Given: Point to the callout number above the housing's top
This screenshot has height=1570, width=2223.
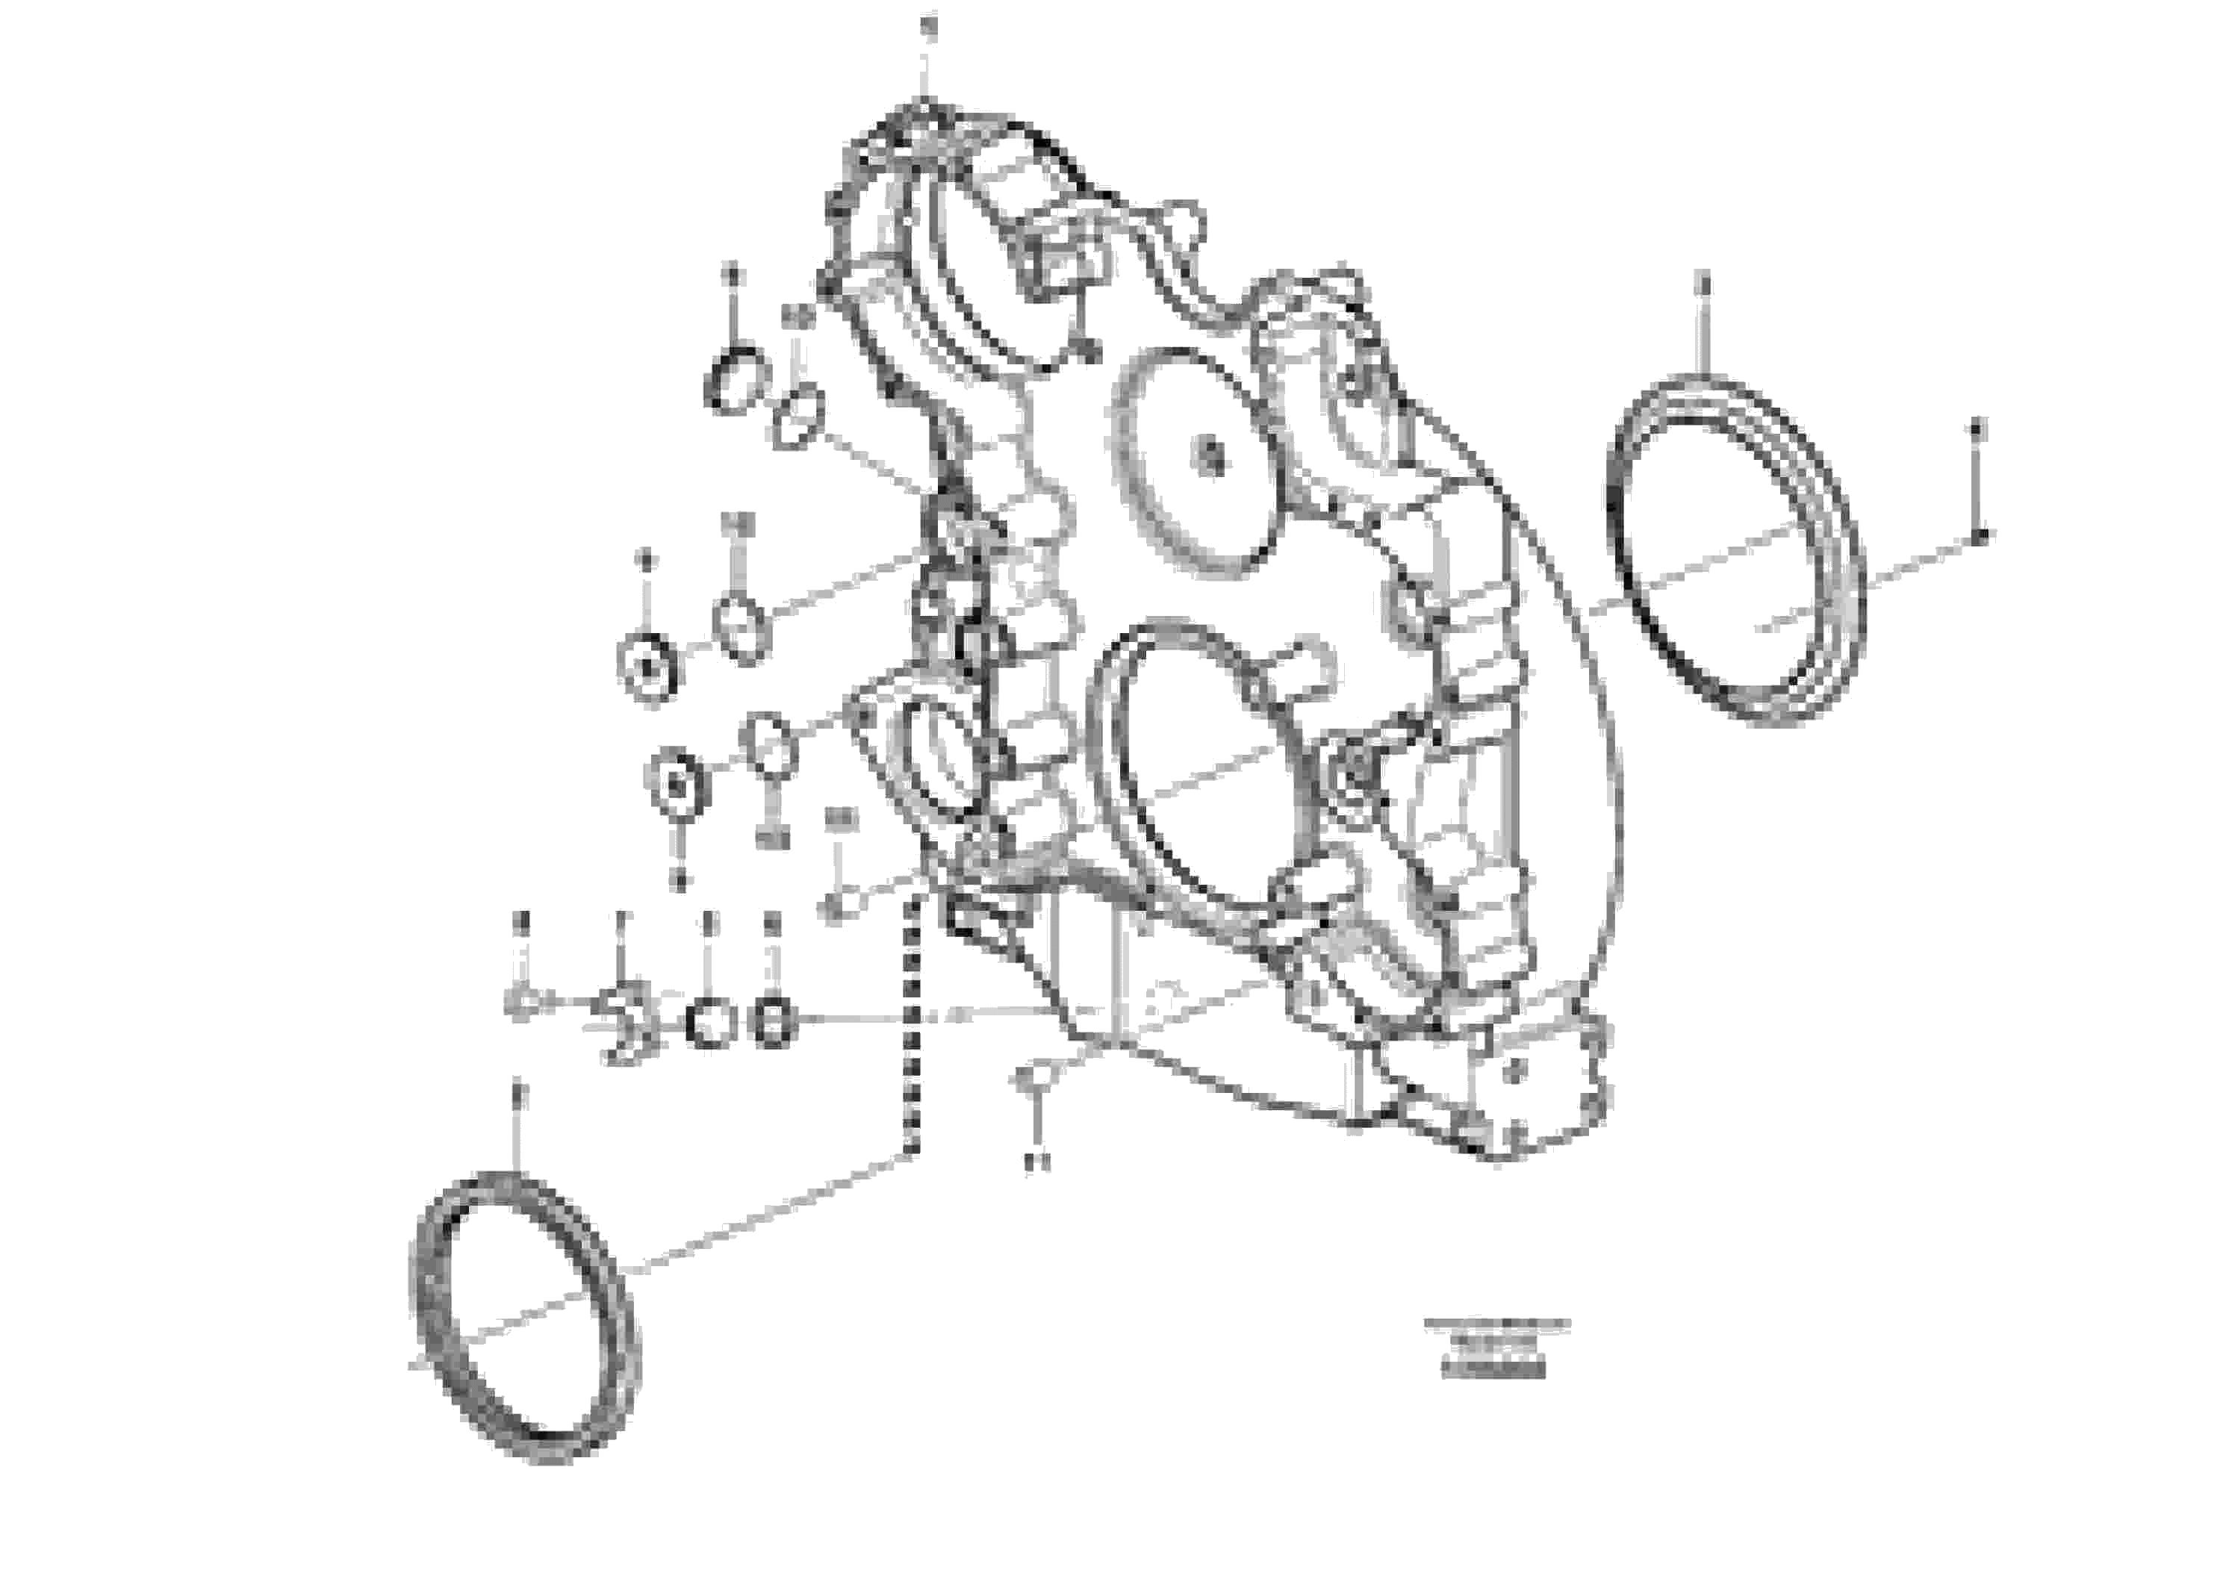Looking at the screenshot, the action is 927,27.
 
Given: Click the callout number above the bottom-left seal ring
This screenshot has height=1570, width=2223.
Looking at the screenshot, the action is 518,1094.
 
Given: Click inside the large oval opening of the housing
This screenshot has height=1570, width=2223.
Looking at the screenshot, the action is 1201,764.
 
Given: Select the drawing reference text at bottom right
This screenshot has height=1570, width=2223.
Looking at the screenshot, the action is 1495,1348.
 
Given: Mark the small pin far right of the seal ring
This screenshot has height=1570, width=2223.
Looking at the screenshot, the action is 1981,535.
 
